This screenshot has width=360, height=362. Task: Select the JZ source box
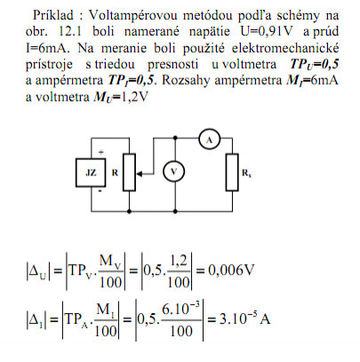pos(91,173)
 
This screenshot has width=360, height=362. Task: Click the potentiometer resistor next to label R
pos(129,173)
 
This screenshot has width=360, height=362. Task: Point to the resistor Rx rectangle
pos(232,172)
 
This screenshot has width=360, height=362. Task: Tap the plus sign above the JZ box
pos(101,152)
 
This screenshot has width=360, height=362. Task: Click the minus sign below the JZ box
pos(100,191)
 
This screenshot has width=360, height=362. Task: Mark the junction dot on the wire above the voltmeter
pos(175,138)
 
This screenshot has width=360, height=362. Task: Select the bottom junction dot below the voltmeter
pos(175,212)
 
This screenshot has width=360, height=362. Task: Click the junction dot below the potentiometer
pos(129,212)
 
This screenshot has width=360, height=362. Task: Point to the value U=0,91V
pos(267,31)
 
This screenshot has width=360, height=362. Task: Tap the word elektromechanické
pos(285,48)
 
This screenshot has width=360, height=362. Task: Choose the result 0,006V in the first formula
pos(231,270)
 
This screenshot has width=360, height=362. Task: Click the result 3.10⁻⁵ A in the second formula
pos(244,318)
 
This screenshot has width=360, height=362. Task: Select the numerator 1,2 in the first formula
pos(179,261)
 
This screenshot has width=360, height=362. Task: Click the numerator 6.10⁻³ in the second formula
pos(180,309)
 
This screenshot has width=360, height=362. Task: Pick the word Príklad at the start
pos(53,15)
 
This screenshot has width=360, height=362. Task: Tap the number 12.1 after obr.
pos(70,31)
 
